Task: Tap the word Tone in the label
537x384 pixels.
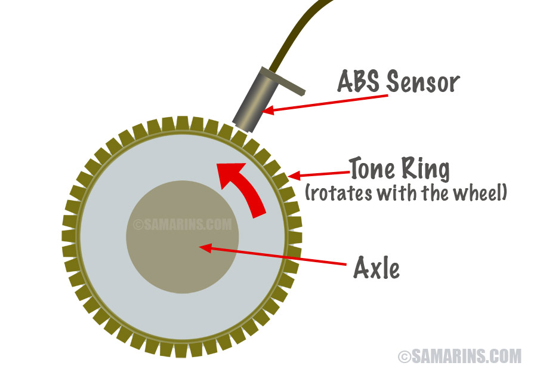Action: point(371,170)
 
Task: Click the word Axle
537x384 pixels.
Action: point(376,269)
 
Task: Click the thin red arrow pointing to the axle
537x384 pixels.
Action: point(280,255)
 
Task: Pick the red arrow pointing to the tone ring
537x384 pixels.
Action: point(319,174)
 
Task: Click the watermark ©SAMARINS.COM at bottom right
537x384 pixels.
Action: point(459,356)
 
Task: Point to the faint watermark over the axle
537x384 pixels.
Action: point(182,225)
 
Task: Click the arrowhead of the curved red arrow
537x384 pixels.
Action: point(230,173)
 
